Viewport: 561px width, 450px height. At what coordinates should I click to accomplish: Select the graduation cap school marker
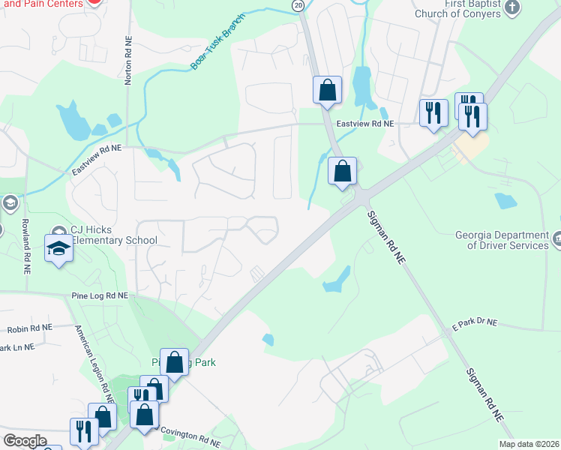(x=58, y=249)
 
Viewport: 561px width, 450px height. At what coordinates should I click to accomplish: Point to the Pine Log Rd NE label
(x=100, y=296)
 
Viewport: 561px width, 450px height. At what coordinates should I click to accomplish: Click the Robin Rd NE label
(x=30, y=328)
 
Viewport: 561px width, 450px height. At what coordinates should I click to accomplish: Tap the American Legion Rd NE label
(x=90, y=359)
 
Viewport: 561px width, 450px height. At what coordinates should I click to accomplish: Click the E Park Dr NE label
(x=474, y=322)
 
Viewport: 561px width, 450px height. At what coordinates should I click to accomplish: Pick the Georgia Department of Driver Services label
(x=502, y=239)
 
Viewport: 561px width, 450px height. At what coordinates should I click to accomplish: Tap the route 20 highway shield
(x=298, y=5)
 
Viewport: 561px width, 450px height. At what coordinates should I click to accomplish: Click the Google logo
(x=25, y=441)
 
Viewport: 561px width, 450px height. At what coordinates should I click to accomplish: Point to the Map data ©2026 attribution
(x=529, y=444)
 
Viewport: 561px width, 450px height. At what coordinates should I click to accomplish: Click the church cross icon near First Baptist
(x=512, y=8)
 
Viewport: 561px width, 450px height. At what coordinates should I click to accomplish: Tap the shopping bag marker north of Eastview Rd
(x=327, y=90)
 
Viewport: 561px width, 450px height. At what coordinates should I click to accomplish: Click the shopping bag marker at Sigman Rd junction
(x=342, y=171)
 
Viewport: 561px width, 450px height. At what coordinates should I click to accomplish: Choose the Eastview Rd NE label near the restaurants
(x=365, y=124)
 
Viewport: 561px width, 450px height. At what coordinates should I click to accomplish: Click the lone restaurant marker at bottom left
(x=83, y=430)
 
